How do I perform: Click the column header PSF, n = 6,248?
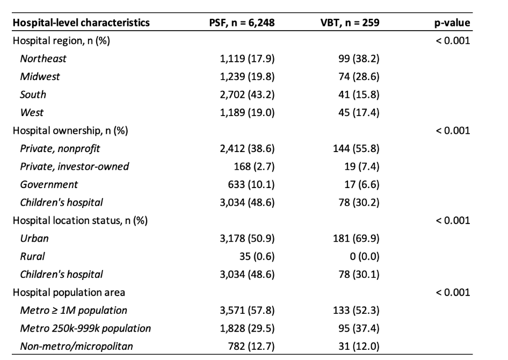(242, 23)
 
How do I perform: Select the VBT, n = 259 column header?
(350, 23)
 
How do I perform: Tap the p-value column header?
(452, 23)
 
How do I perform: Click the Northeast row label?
(43, 59)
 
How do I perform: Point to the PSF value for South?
(247, 95)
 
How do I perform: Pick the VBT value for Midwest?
(359, 76)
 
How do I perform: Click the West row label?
(32, 112)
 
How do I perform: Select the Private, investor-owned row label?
(75, 167)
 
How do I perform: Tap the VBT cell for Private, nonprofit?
(356, 148)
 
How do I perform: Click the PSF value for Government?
(251, 184)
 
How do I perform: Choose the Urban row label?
(34, 239)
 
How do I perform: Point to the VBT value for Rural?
(365, 256)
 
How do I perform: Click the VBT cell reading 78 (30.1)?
(359, 275)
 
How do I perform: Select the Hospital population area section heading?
(69, 293)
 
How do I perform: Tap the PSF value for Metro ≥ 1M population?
(247, 311)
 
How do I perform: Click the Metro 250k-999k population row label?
(85, 329)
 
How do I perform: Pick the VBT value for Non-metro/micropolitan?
(359, 347)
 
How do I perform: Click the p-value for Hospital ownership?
(453, 131)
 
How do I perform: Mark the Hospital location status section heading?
(80, 221)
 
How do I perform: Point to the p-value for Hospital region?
(453, 40)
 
